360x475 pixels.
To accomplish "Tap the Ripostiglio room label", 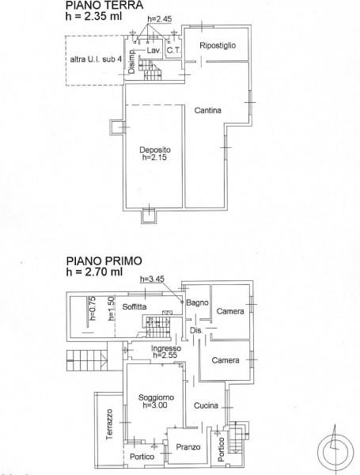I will [218, 45].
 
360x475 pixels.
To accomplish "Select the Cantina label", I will [208, 110].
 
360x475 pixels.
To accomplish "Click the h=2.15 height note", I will [156, 158].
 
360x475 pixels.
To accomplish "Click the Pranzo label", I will [188, 447].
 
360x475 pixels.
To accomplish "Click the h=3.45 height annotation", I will [151, 279].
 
